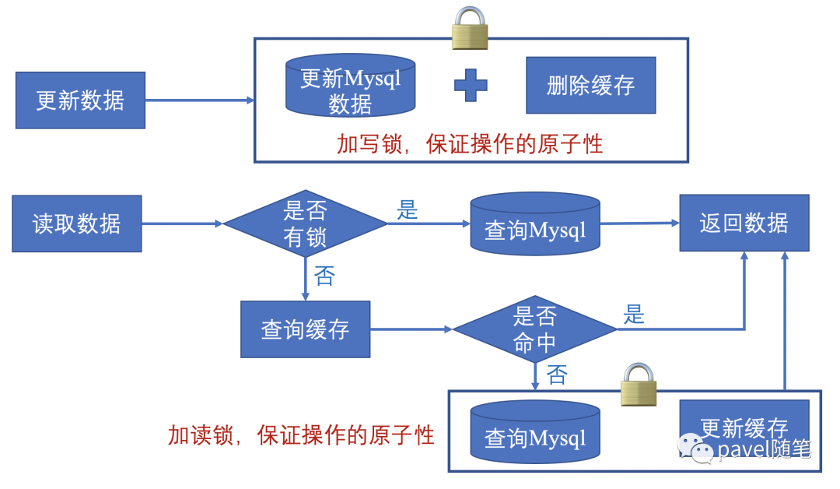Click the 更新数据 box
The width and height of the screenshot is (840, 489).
pos(80,100)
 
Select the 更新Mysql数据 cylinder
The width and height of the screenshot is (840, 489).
pos(350,87)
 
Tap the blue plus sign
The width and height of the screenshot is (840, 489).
pos(471,85)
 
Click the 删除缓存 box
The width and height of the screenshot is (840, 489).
pos(590,85)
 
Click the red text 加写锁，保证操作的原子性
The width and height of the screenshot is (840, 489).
pos(470,143)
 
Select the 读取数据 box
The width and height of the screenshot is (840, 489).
pos(77,223)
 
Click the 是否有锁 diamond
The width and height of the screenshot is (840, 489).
pos(305,223)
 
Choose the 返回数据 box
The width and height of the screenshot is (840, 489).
pos(744,223)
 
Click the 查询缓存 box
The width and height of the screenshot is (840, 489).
pos(305,329)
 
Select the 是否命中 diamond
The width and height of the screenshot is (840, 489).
pos(535,329)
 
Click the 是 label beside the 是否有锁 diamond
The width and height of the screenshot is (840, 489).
pos(408,209)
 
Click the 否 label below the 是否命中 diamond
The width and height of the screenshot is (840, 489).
pos(557,375)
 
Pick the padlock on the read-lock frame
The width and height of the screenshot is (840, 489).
pos(638,385)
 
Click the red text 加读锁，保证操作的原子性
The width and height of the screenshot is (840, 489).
pos(301,435)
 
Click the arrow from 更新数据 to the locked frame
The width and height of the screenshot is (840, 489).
pos(199,100)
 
